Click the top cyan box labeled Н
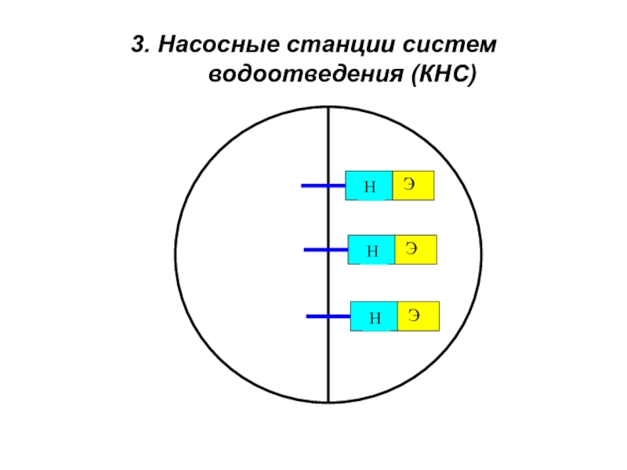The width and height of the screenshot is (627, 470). click(x=369, y=185)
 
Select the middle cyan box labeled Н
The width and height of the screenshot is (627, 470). click(x=371, y=250)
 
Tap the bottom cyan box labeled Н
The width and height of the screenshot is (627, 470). click(x=374, y=316)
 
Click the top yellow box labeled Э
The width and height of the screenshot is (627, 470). click(x=413, y=185)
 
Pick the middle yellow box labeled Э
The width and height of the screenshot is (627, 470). click(x=415, y=249)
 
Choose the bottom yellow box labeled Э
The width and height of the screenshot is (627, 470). click(x=419, y=315)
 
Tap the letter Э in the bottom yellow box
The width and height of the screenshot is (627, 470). click(x=413, y=315)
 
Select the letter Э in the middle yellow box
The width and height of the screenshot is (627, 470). click(x=411, y=248)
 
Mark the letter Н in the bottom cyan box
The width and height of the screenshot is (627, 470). click(x=375, y=318)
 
